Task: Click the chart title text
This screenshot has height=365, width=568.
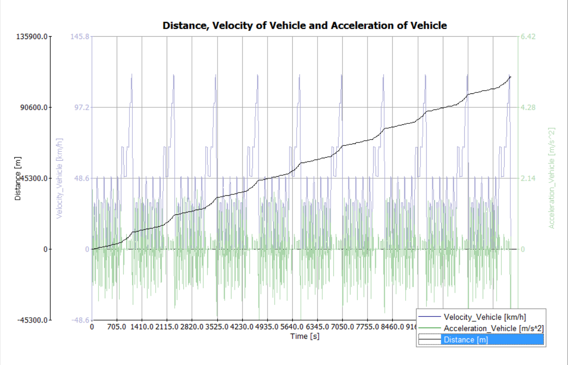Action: tap(305, 26)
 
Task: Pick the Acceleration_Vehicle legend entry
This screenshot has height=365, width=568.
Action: tap(493, 328)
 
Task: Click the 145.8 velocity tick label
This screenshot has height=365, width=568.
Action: tap(80, 37)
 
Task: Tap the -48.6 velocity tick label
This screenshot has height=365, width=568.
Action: tap(80, 320)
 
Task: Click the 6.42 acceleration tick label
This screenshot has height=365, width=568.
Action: tap(528, 37)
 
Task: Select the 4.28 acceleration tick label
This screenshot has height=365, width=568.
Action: tap(528, 108)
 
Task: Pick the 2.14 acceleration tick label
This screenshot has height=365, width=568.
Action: tap(528, 179)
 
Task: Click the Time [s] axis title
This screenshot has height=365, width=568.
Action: tap(305, 336)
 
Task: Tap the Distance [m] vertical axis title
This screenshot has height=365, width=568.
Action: tap(18, 179)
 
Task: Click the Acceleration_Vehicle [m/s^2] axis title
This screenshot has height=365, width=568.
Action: tap(552, 178)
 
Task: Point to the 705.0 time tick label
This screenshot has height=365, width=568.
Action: tap(117, 328)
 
